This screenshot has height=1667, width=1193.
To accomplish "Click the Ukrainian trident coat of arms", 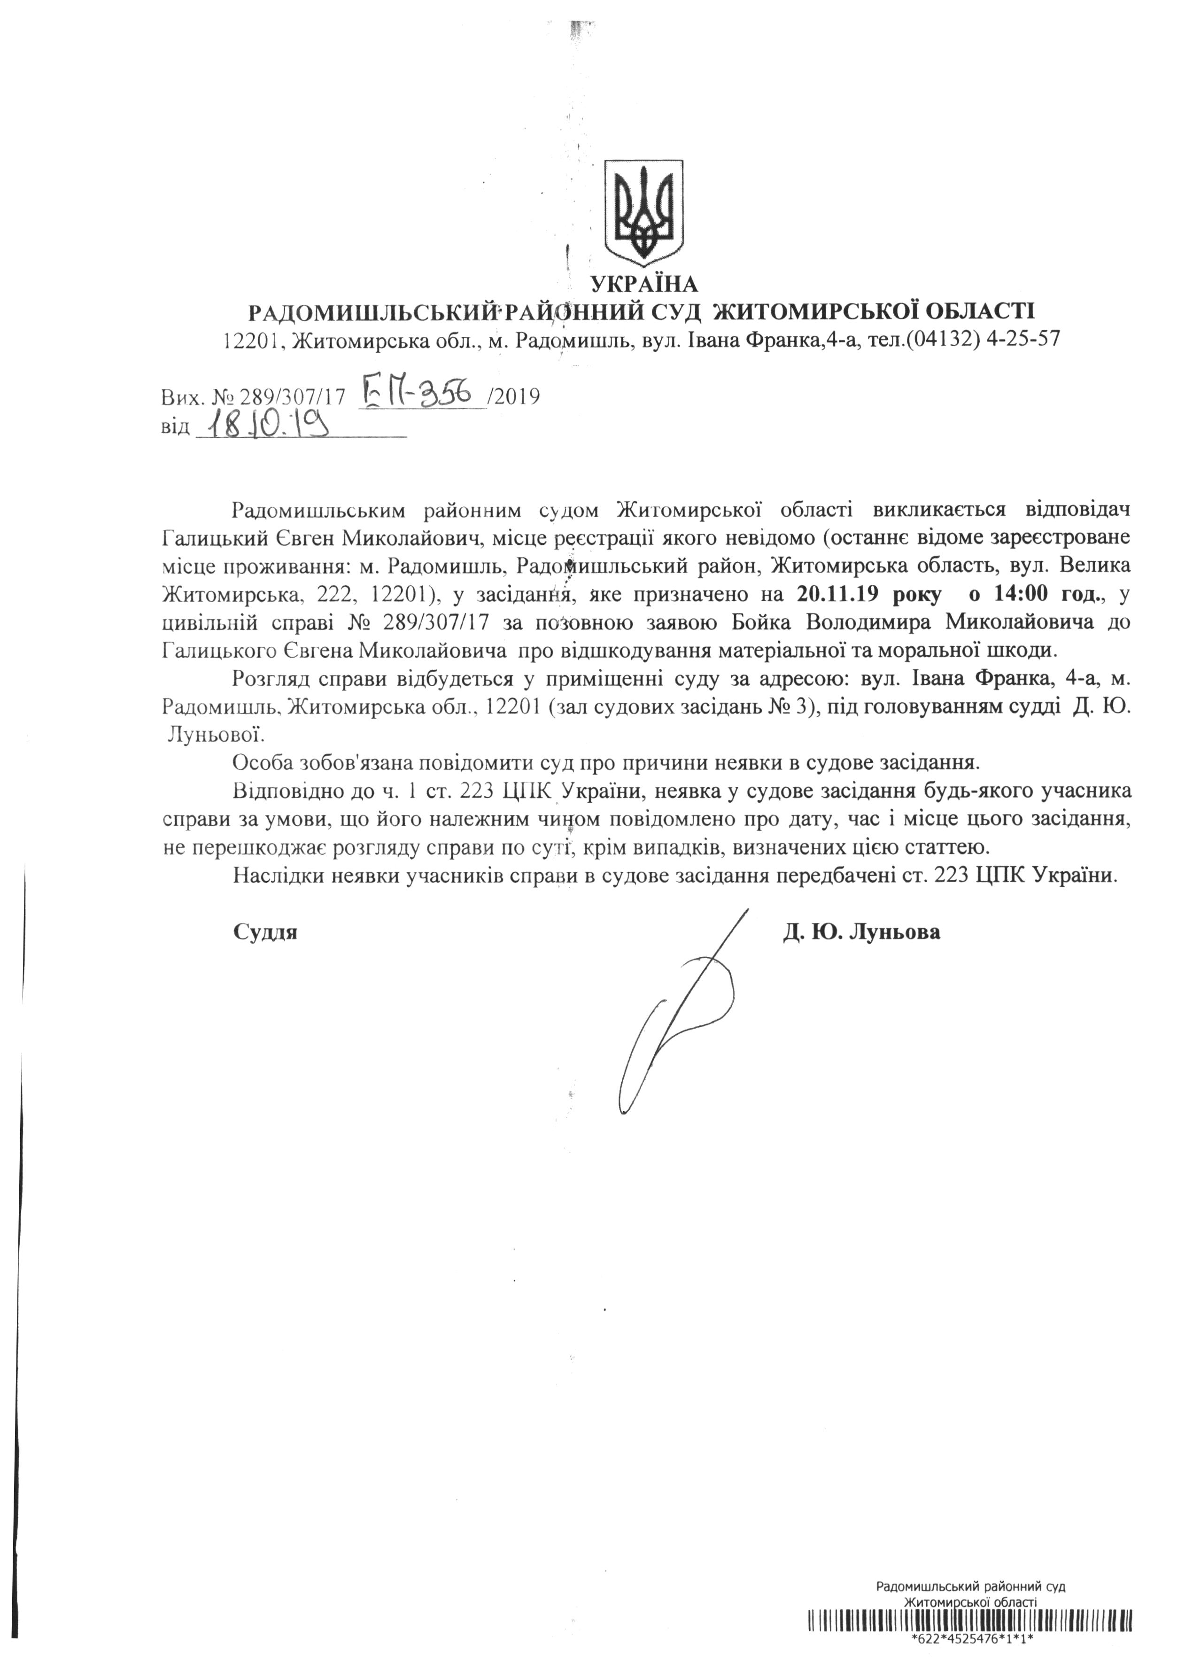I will click(643, 209).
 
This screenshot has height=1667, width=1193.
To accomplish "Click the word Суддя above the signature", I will click(265, 932).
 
